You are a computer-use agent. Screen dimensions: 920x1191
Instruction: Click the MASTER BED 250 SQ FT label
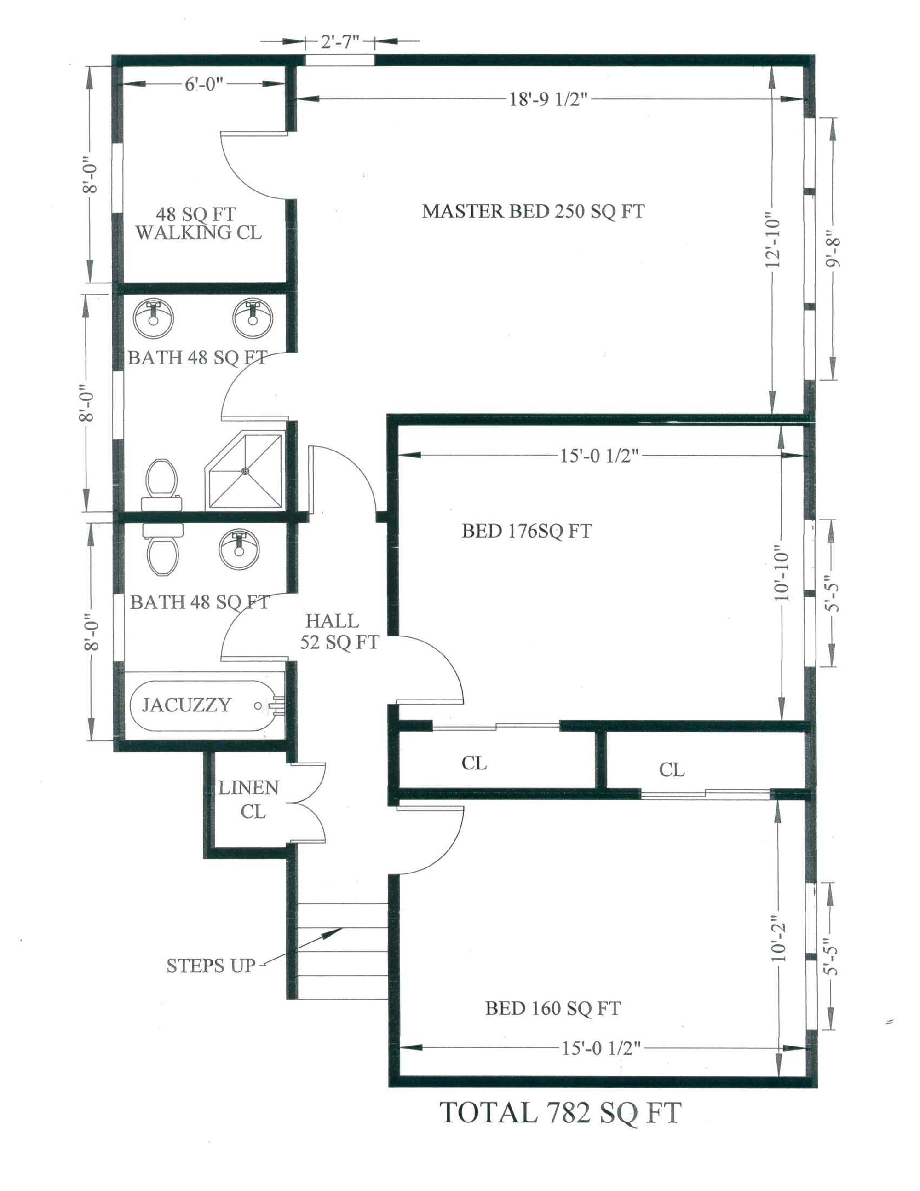533,211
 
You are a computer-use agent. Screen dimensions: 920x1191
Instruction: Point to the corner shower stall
245,470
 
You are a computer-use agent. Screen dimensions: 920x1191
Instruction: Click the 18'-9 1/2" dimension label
548,99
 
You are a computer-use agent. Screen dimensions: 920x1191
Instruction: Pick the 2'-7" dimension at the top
339,41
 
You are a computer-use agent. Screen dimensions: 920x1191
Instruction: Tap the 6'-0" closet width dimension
204,85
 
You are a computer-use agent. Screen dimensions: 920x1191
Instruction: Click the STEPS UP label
211,966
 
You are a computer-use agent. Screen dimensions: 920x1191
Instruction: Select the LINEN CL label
248,799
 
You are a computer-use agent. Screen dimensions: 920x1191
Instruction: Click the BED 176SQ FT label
527,531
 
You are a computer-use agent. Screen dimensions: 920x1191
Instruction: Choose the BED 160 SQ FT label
552,1008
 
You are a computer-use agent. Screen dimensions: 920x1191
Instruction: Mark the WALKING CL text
198,233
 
